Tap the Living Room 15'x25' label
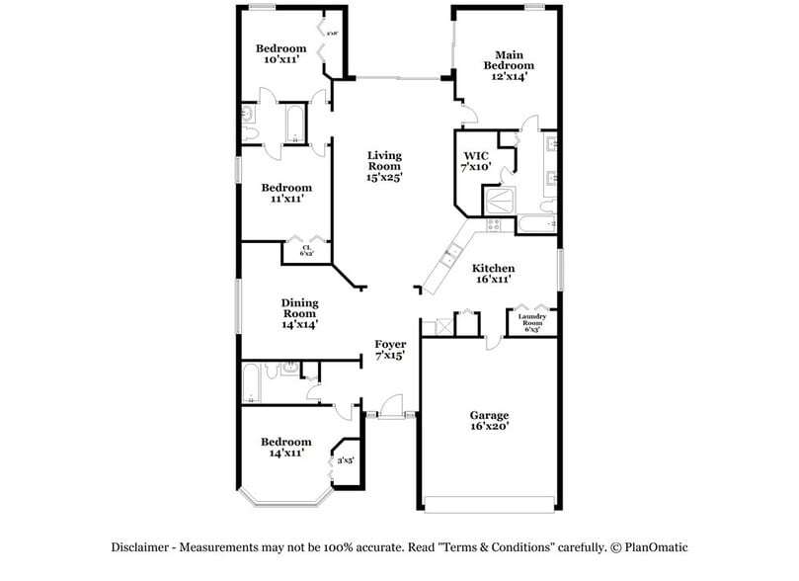pos(384,166)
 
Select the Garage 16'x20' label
pos(489,422)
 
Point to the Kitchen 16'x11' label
pos(492,274)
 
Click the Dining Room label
pos(299,312)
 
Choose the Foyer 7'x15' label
pos(390,350)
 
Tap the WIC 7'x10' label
pos(478,161)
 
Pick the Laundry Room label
pos(532,321)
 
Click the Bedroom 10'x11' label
pos(280,54)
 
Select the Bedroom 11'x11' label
pos(286,193)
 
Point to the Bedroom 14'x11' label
pos(285,447)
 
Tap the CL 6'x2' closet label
pos(306,250)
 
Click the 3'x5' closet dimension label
pos(346,459)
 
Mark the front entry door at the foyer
pos(392,407)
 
